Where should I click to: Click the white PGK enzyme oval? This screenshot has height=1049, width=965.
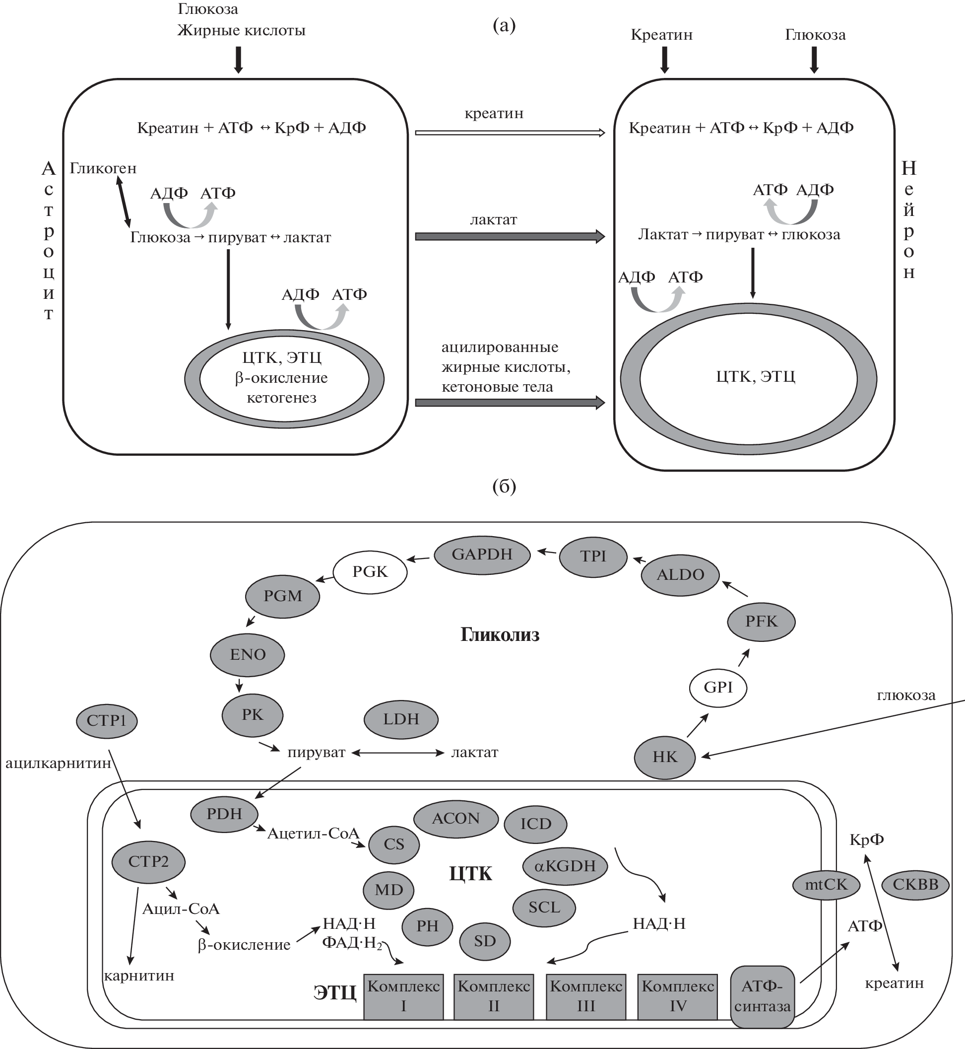pos(370,571)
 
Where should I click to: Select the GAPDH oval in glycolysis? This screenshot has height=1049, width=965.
pos(482,554)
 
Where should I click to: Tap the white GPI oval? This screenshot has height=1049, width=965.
pos(718,688)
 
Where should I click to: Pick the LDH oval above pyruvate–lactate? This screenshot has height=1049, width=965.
pos(400,719)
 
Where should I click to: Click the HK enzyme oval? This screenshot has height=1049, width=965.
pos(664,757)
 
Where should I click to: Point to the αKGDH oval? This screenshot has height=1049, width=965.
pos(565,866)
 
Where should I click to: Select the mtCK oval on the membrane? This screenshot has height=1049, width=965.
pos(826,885)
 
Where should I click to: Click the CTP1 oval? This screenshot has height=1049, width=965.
pos(107,721)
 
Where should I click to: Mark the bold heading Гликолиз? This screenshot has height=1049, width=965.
pos(500,635)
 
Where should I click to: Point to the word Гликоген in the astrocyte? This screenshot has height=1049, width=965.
pos(103,168)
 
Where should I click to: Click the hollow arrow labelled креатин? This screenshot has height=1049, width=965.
pos(510,133)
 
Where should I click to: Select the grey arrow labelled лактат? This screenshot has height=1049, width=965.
pos(510,237)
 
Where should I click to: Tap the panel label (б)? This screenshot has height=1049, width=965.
pos(504,487)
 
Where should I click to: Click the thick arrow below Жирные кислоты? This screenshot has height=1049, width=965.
pos(238,60)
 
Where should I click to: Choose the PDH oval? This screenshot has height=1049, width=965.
pos(224,814)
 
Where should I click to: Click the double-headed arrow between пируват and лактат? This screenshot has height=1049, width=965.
pos(397,753)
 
